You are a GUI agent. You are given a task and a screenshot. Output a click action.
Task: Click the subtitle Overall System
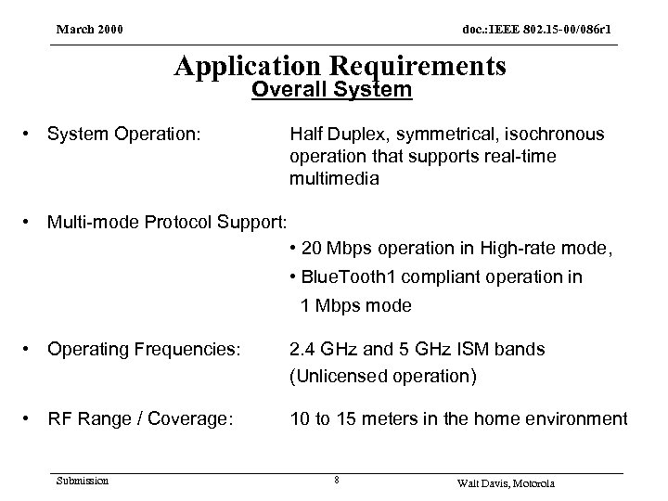(x=332, y=91)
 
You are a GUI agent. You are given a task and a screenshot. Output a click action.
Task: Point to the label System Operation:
(x=123, y=135)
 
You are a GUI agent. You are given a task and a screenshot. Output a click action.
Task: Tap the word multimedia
(x=334, y=179)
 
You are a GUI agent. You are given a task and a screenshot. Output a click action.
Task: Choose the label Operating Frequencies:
(x=144, y=350)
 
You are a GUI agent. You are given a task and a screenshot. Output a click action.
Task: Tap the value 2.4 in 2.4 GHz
(x=302, y=350)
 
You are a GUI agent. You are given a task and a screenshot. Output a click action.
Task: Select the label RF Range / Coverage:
(x=140, y=419)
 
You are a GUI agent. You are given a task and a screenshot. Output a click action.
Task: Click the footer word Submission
(x=82, y=480)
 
